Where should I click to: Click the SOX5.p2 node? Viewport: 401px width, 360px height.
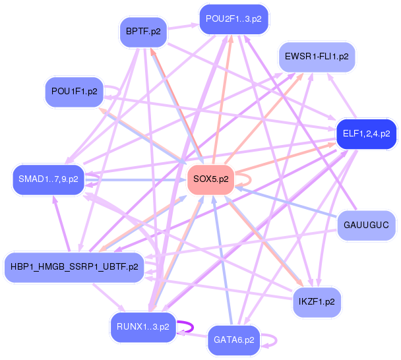211,179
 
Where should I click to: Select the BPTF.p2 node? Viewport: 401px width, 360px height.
143,30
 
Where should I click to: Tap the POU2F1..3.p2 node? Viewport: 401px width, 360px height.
233,18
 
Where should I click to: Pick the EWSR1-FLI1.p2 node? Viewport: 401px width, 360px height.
317,57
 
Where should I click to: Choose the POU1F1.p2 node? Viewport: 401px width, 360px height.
74,92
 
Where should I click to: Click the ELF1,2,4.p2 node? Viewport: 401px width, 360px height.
366,134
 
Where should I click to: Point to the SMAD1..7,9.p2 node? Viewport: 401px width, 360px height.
48,179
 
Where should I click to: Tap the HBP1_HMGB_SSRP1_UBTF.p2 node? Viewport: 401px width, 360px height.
75,266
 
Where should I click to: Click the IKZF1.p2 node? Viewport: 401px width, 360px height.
317,301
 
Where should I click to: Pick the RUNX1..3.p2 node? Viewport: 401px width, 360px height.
142,326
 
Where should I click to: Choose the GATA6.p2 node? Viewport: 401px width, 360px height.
234,340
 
